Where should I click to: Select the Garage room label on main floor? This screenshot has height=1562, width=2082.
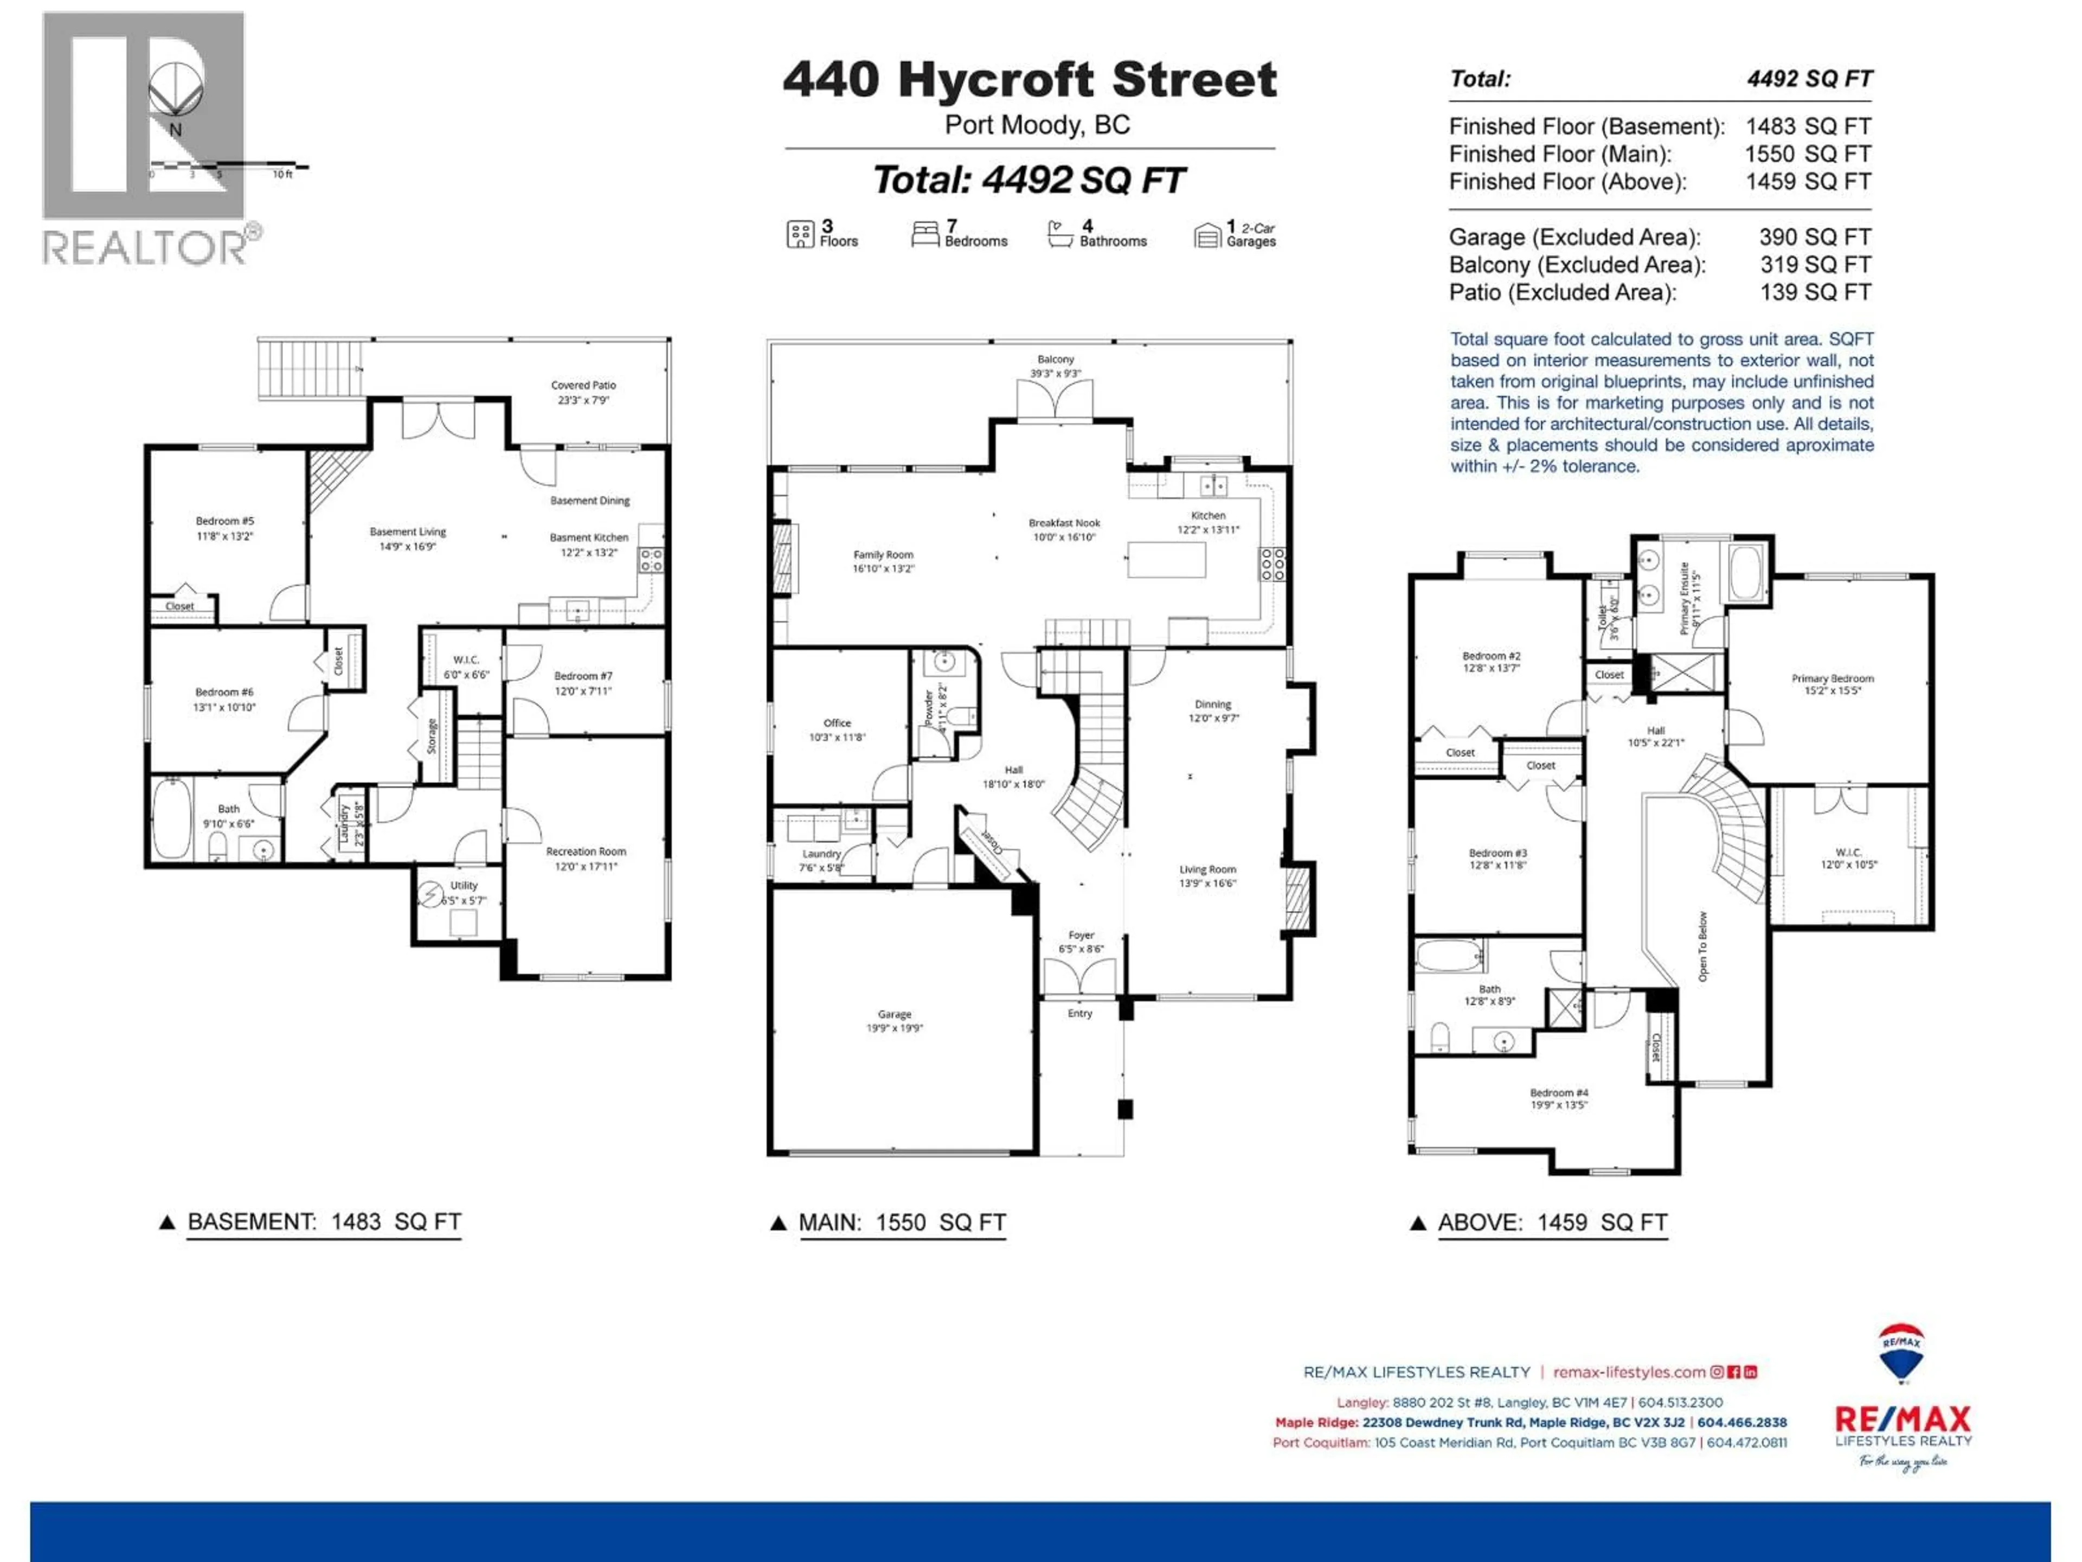point(894,1021)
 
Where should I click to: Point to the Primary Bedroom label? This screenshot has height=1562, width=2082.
point(1832,683)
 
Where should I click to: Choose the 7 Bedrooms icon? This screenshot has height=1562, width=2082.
point(924,234)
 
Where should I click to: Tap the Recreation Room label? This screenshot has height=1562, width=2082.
point(586,857)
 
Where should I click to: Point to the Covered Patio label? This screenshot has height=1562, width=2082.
point(583,392)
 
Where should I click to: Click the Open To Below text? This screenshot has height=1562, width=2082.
point(1702,946)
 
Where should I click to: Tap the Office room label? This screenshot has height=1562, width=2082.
point(837,729)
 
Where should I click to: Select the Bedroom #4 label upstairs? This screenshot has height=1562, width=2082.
point(1559,1098)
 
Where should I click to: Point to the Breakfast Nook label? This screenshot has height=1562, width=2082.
point(1064,529)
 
